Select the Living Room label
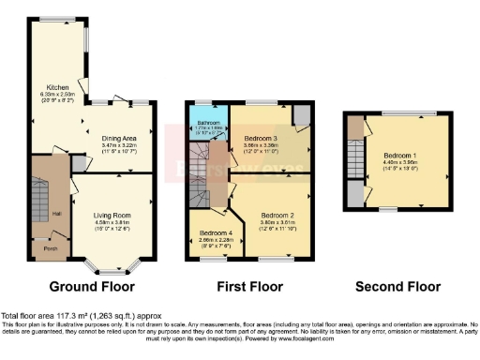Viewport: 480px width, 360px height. click(112, 215)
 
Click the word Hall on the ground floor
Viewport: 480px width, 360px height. click(58, 215)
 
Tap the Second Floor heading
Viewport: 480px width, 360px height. click(391, 287)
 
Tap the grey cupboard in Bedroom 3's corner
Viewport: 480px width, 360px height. click(302, 114)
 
